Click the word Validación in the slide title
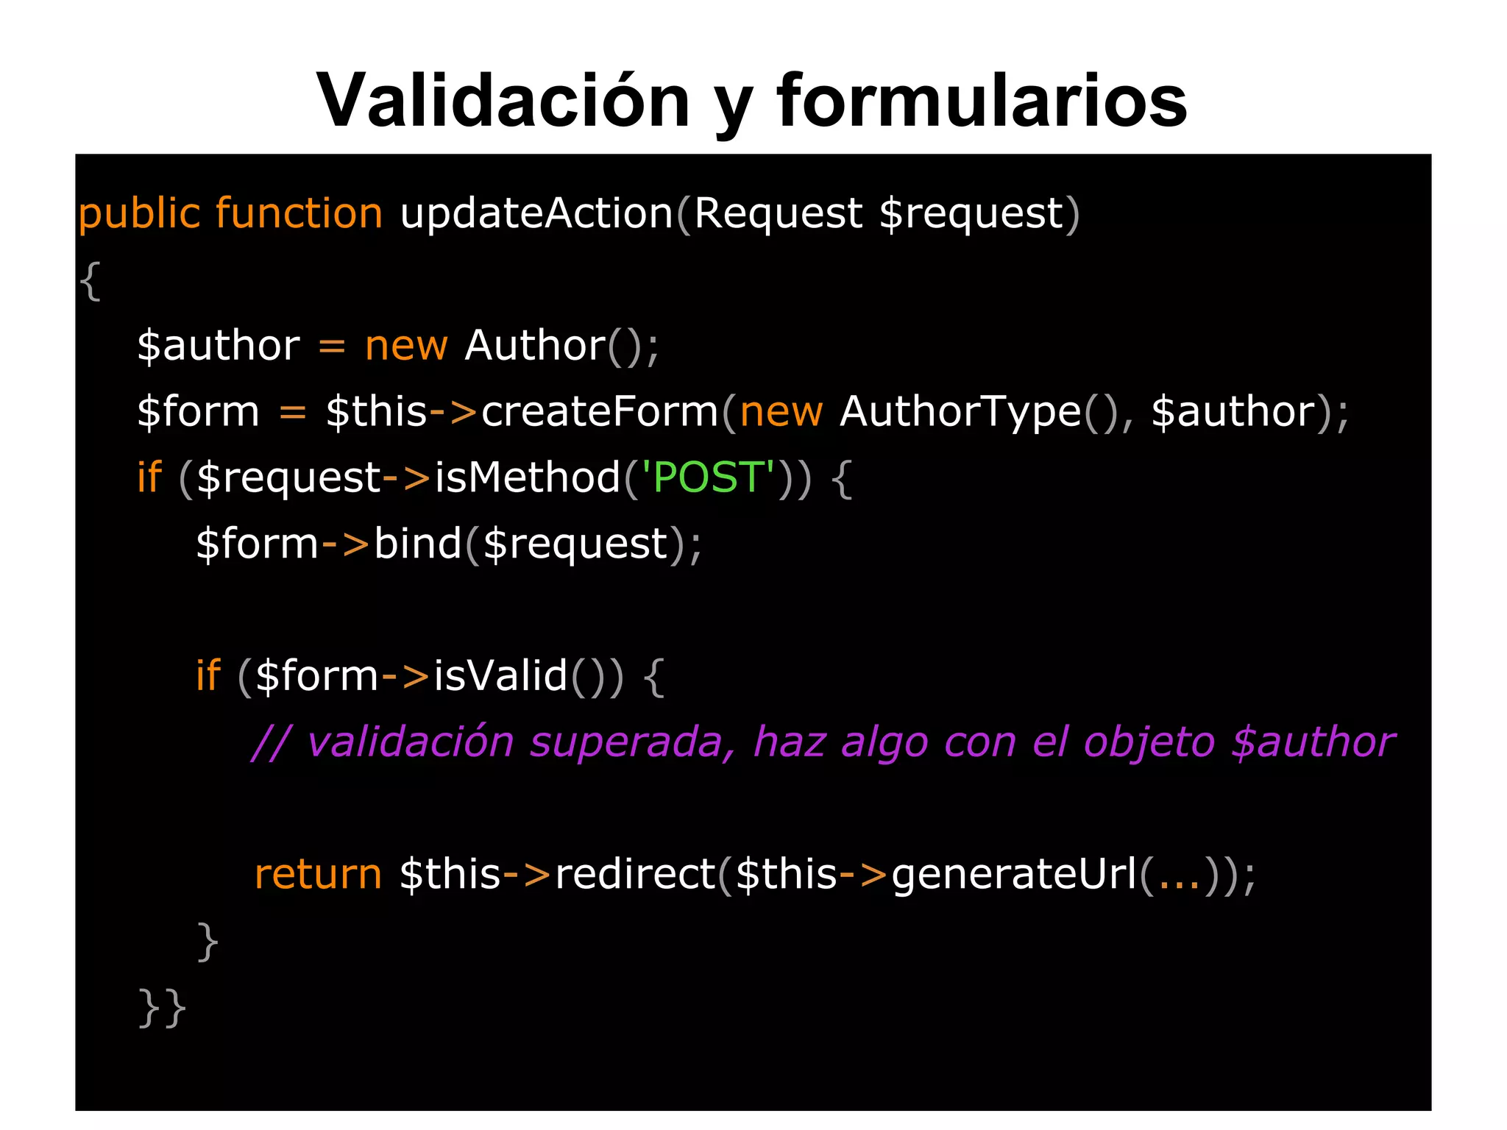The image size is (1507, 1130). [x=503, y=101]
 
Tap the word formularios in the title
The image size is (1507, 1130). [x=982, y=101]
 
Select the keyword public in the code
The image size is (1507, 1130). [x=139, y=214]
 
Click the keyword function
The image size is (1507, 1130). [x=299, y=214]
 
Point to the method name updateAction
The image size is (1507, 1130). [x=536, y=214]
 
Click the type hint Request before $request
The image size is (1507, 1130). [x=778, y=214]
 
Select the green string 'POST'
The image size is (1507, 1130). [x=709, y=477]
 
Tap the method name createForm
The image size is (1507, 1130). [x=600, y=411]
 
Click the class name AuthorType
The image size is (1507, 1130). [x=960, y=411]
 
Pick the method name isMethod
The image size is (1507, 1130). [x=528, y=477]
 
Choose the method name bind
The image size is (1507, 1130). [x=417, y=544]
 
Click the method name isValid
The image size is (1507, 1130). [x=500, y=675]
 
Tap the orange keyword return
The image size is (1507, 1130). [x=318, y=874]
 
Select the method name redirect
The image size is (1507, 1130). [x=635, y=874]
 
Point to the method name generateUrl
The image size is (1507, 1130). [x=1015, y=874]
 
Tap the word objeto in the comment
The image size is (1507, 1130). [x=1149, y=742]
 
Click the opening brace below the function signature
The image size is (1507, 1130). [x=90, y=280]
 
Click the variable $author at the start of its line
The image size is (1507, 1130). [x=219, y=346]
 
